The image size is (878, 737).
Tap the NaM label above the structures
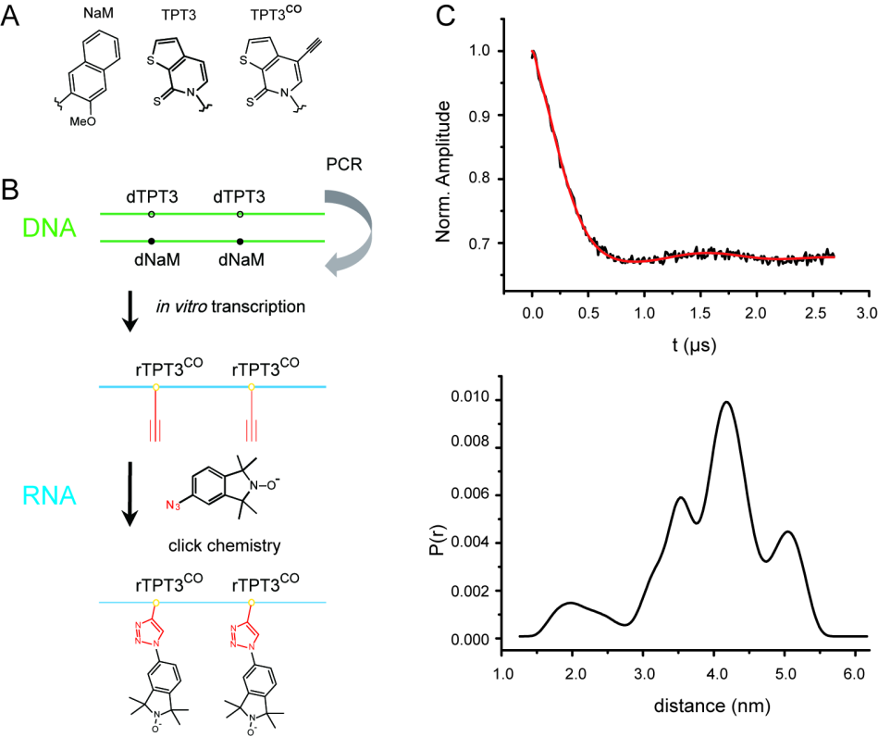tap(96, 16)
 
